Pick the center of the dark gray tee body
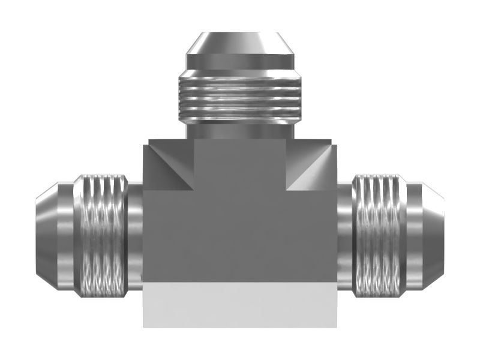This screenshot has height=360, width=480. pyautogui.click(x=239, y=234)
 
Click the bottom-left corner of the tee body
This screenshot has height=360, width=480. pyautogui.click(x=144, y=326)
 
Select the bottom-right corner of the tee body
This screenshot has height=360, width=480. pyautogui.click(x=336, y=326)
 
